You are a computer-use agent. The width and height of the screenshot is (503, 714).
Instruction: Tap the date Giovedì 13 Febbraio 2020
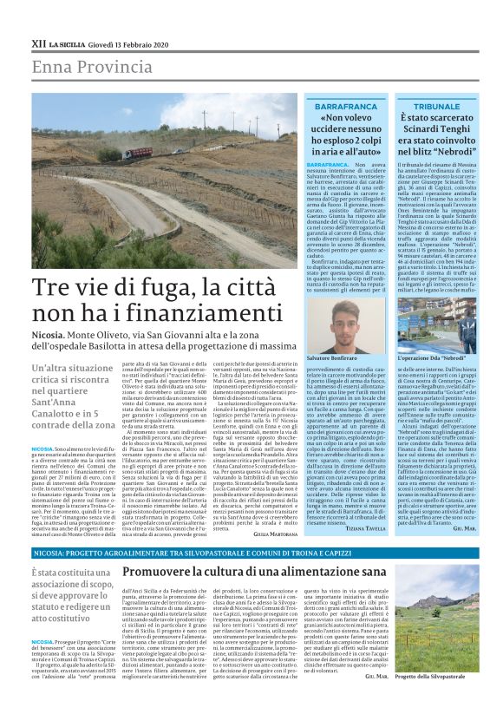131,43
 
